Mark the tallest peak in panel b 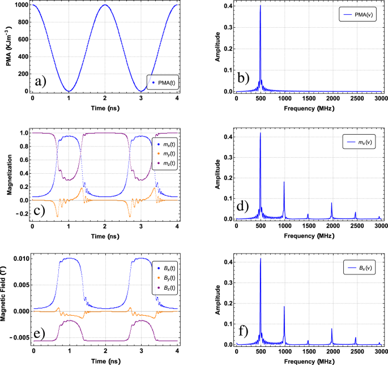260,7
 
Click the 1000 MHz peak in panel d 284,182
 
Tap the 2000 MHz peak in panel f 331,329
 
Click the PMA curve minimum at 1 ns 69,91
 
